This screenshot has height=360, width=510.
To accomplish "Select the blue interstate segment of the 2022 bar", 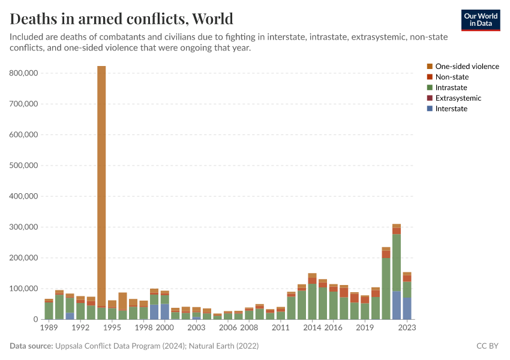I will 397,305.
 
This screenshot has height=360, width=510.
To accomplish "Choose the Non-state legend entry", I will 452,77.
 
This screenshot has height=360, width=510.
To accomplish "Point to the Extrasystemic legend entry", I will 458,98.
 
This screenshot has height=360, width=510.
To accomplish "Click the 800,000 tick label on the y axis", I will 25,73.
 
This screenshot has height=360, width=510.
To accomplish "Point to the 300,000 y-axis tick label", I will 25,227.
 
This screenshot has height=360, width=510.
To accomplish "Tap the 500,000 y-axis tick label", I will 25,165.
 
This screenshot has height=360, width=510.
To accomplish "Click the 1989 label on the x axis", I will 49,328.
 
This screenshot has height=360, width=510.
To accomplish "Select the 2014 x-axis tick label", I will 312,328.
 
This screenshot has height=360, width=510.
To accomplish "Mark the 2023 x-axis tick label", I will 407,328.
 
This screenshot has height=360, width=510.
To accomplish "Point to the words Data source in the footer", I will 31,346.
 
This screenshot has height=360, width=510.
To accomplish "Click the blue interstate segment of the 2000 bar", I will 164,311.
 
